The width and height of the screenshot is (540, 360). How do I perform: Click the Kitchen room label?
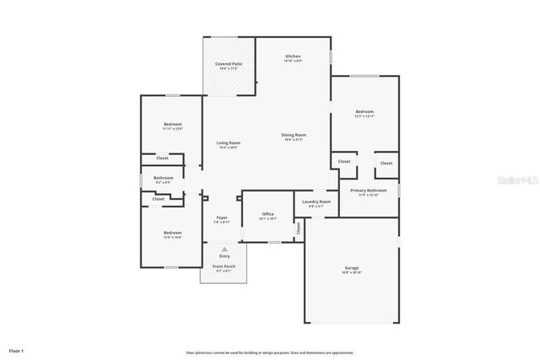click(292, 56)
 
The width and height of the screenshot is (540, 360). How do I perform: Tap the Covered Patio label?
click(228, 64)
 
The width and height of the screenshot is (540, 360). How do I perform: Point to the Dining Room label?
click(294, 135)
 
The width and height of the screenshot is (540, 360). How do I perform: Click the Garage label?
click(351, 268)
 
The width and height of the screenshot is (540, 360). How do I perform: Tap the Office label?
click(267, 214)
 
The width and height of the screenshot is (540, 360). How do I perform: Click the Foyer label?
click(222, 218)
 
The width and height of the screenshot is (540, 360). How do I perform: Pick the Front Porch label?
click(224, 266)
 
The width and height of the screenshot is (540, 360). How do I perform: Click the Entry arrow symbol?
click(224, 250)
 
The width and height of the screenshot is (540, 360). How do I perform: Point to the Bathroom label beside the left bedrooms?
click(163, 178)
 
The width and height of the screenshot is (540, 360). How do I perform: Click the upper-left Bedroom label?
click(172, 124)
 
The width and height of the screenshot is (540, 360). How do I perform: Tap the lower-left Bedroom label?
click(172, 233)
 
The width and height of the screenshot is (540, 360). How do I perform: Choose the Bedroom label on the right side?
click(364, 112)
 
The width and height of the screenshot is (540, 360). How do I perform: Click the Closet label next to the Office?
click(298, 228)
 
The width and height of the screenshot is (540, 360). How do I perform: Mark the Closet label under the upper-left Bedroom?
click(162, 158)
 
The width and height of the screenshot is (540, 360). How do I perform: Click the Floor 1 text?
click(17, 350)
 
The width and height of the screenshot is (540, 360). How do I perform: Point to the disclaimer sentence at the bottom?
click(270, 352)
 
